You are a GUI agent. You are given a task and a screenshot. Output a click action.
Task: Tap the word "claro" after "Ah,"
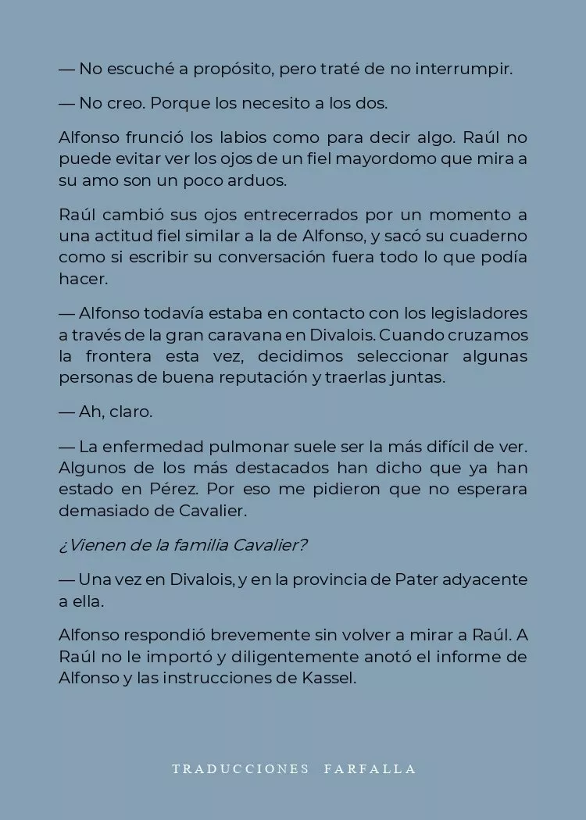[131, 411]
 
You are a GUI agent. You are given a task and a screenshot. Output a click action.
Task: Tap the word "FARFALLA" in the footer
[370, 768]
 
